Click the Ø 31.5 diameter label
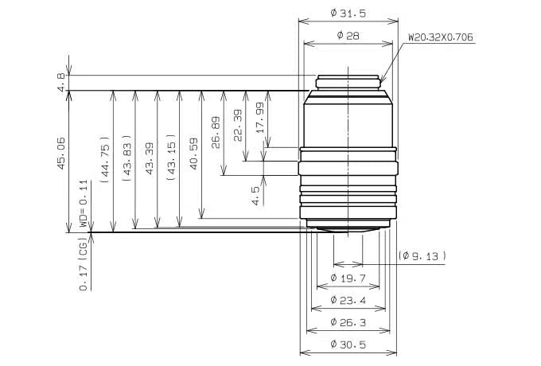point(348,14)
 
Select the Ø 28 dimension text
point(348,36)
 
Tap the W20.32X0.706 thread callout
point(441,37)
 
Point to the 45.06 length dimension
point(60,153)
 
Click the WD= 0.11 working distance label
point(84,203)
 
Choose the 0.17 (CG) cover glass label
point(84,263)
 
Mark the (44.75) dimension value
point(105,158)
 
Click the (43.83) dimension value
point(127,158)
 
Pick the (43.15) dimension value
point(171,157)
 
